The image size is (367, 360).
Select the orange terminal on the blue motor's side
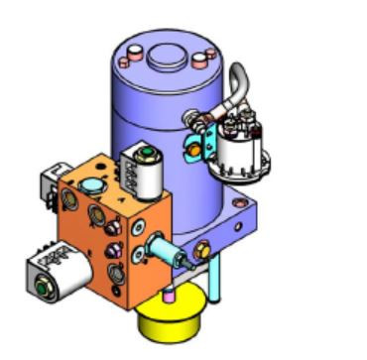194,149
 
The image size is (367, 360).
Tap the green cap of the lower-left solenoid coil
43,289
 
